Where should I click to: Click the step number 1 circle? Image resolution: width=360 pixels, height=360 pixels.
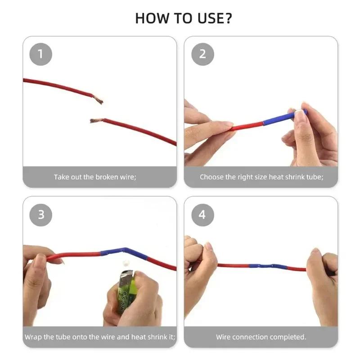point(40,54)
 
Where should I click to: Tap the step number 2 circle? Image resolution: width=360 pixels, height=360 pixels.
point(202,54)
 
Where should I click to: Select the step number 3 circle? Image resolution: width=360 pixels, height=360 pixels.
point(40,215)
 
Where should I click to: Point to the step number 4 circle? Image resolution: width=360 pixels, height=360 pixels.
point(202,215)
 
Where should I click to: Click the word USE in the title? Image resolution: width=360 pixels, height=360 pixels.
point(207,18)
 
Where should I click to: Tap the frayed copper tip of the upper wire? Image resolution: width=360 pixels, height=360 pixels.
point(99,100)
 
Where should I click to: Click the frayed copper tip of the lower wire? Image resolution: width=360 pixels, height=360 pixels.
point(94,121)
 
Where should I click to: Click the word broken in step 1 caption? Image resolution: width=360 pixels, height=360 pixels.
point(108,177)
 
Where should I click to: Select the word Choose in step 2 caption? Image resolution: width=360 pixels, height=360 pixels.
point(211,177)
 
